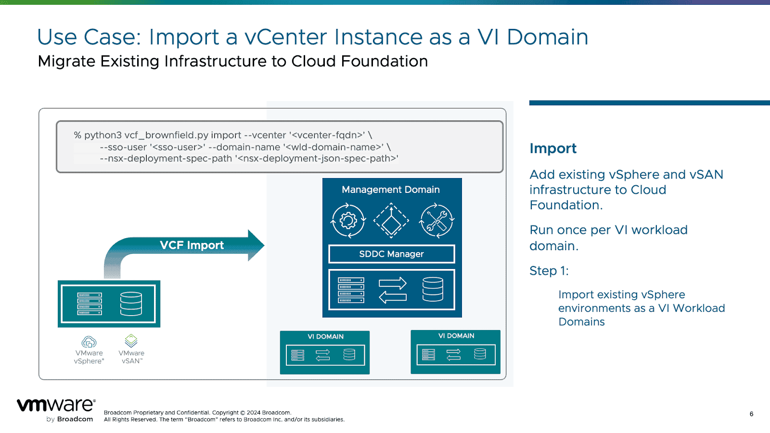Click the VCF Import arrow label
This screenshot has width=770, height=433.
coord(192,245)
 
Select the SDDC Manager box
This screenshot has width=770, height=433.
coord(391,254)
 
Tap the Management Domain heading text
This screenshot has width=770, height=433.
coord(390,190)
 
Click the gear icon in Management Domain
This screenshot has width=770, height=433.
coord(348,221)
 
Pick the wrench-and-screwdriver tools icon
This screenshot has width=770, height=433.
coord(436,221)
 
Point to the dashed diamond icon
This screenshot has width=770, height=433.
coord(391,221)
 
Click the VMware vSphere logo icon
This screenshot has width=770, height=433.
coord(89,342)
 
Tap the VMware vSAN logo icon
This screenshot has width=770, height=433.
coord(131,341)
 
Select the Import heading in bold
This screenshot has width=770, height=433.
coord(553,148)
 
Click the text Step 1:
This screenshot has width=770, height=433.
coord(549,271)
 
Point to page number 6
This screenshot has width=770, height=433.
coord(751,414)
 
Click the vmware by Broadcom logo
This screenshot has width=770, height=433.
coord(56,409)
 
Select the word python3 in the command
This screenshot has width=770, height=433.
coord(103,135)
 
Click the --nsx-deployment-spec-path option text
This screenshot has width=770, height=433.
coord(166,159)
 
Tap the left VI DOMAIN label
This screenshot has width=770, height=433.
coord(325,337)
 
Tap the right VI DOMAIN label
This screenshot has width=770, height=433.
coord(456,336)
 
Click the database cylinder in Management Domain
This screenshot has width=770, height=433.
coord(433,289)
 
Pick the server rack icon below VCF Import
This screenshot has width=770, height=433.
coord(90,304)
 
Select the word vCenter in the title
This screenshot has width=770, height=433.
coord(285,37)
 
